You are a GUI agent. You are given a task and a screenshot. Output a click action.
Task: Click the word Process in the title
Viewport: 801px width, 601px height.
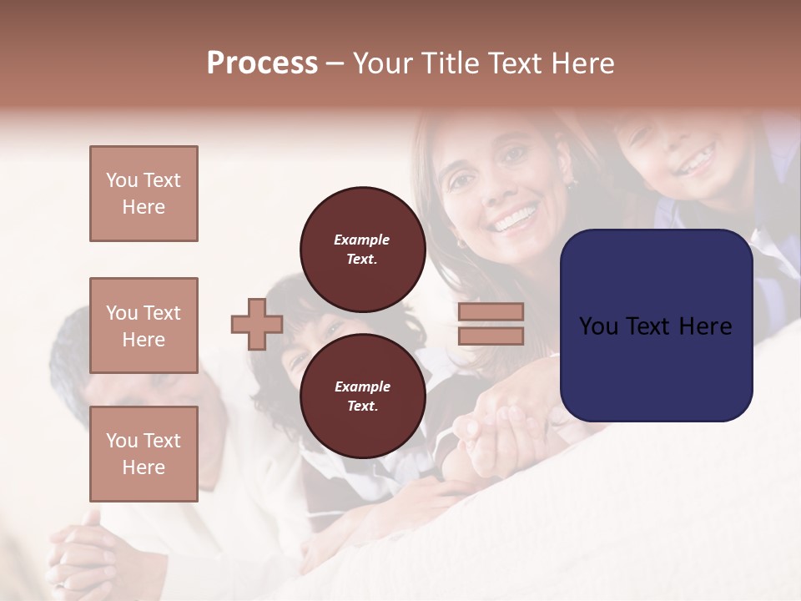(262, 63)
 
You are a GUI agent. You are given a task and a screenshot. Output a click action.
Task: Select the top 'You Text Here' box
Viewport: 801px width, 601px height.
(144, 194)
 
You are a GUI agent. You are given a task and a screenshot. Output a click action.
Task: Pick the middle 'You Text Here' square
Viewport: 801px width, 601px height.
(144, 326)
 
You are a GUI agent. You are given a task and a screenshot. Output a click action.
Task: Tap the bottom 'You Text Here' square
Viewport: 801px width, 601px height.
(144, 453)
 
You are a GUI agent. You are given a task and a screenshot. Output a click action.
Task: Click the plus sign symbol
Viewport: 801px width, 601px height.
(257, 324)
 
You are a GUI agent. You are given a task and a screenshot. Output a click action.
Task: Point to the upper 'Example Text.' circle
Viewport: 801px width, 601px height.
(362, 249)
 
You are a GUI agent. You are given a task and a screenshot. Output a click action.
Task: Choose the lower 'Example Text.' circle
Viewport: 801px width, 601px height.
(362, 396)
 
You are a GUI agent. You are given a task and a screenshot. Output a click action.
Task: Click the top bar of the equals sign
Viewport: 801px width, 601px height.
(491, 312)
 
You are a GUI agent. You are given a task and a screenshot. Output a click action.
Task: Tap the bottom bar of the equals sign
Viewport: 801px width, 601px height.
(491, 336)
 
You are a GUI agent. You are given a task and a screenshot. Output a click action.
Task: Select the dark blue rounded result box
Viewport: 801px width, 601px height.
(656, 325)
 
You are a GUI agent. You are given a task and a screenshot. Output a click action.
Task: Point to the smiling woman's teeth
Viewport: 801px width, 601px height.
(514, 220)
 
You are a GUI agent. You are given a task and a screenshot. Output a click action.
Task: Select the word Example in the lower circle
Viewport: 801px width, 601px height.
(362, 386)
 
